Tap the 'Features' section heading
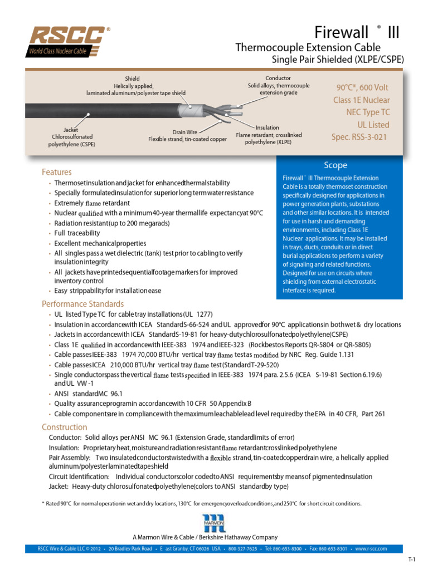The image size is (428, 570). [56, 172]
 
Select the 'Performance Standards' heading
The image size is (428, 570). [82, 304]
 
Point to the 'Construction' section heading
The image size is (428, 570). [64, 427]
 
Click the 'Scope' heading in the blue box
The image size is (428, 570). [335, 165]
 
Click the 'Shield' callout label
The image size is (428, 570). [132, 79]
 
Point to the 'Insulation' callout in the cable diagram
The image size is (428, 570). [267, 127]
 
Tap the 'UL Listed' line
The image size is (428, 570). [371, 125]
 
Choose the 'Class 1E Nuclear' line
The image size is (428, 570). [361, 100]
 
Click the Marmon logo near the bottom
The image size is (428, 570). [213, 523]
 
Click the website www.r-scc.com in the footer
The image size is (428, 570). [371, 548]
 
